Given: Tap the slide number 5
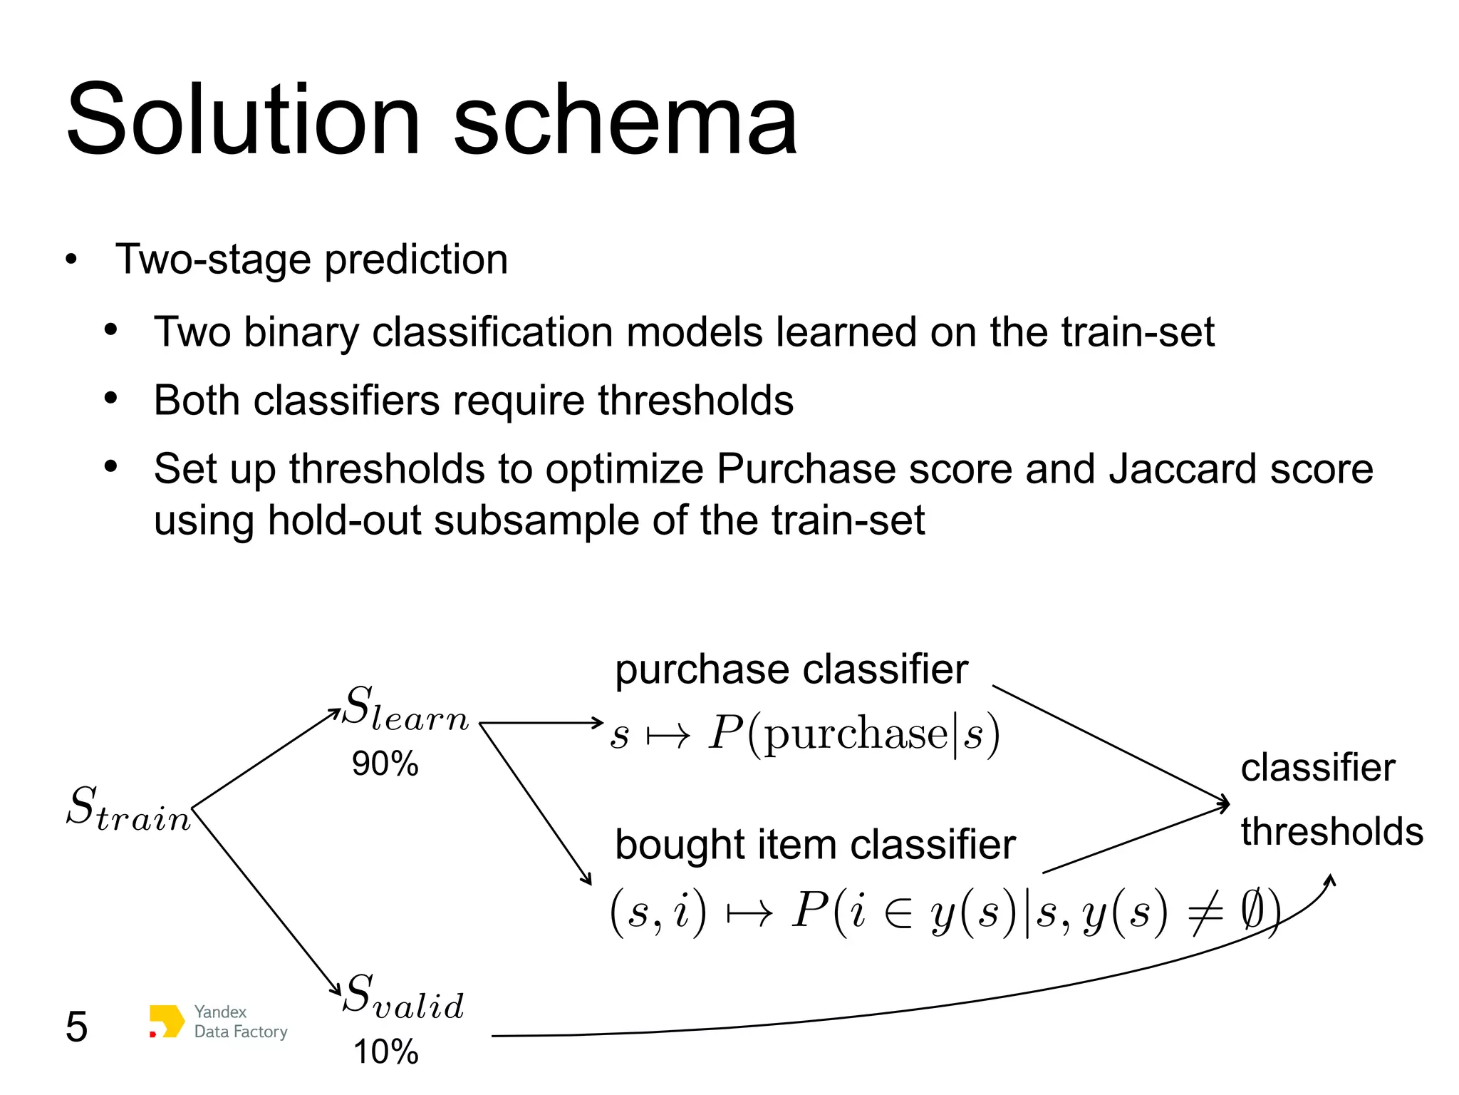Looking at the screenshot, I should tap(76, 1027).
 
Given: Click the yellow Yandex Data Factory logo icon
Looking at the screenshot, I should tap(166, 1022).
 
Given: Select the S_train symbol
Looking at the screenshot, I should tap(128, 809).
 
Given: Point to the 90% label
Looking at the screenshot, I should tap(385, 764).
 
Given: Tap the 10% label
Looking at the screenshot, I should tap(385, 1052).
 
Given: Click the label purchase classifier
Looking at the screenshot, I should tap(791, 670).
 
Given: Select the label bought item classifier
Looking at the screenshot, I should tap(814, 845).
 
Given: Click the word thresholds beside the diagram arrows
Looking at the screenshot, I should tap(1331, 831).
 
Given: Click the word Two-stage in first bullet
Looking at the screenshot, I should tap(214, 259).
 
